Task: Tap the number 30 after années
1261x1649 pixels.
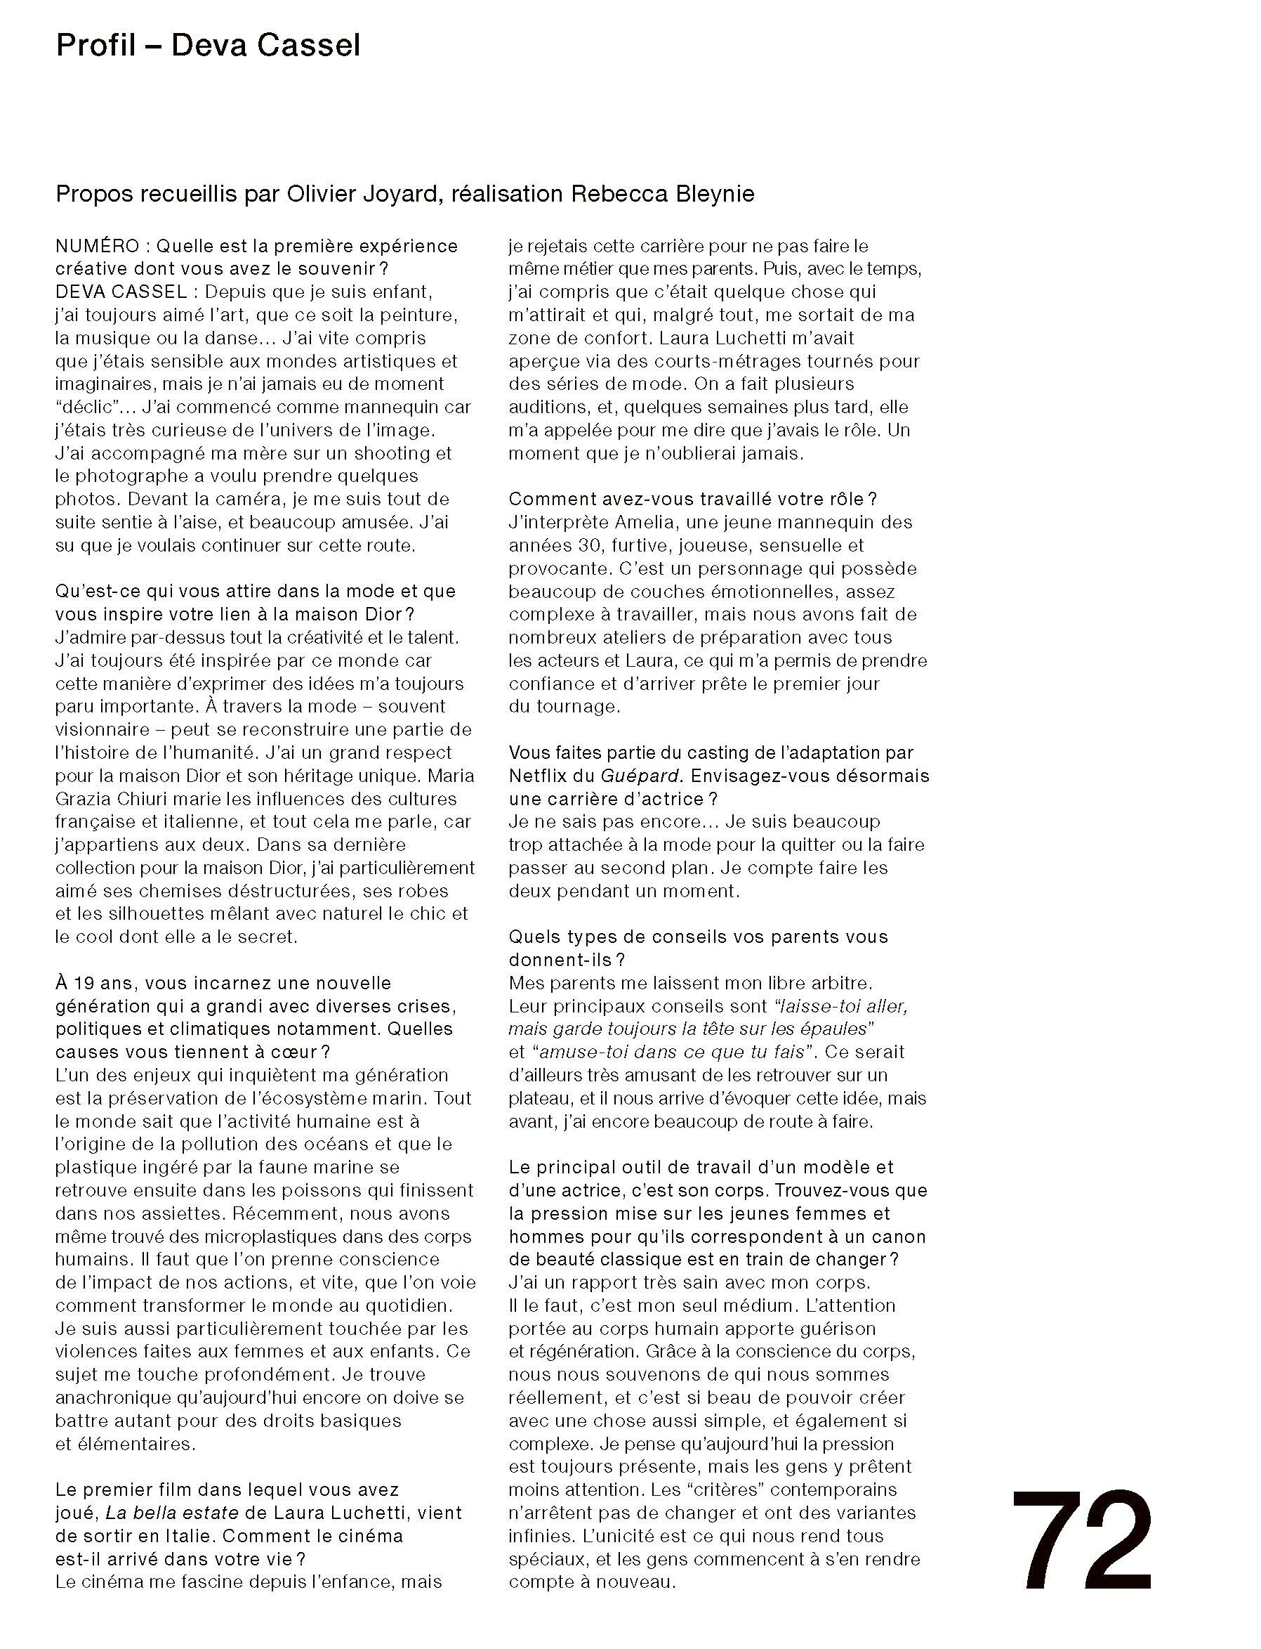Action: pos(586,545)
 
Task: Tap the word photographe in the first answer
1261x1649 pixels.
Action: pos(134,476)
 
